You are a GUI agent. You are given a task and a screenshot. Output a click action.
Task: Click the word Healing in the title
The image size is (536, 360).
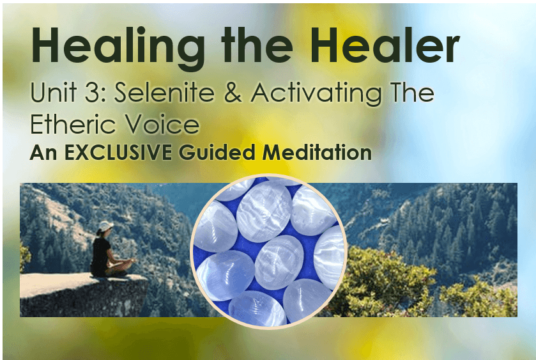(118, 48)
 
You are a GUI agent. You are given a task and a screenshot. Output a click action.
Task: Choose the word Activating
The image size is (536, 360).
(316, 94)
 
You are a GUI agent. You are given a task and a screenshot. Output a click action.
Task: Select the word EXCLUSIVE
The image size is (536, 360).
(118, 153)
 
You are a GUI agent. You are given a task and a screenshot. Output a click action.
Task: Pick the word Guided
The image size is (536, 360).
(217, 153)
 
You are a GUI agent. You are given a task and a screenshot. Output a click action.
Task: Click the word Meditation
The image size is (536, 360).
(317, 153)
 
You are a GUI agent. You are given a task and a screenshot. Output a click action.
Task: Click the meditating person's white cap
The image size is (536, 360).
(105, 226)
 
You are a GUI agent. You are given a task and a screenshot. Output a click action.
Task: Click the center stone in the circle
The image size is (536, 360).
(279, 262)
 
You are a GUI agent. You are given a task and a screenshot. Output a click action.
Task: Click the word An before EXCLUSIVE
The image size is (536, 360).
(43, 153)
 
